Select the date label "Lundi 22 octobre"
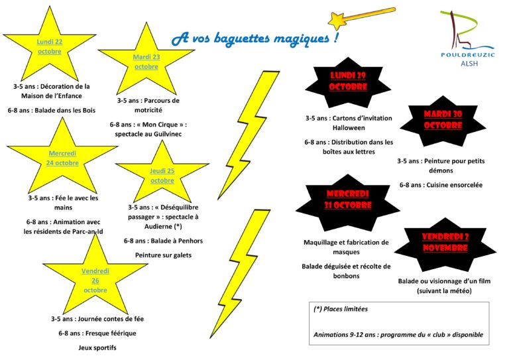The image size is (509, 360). click(50, 46)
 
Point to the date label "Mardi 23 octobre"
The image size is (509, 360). click(146, 62)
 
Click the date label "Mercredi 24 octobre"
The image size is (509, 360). click(62, 158)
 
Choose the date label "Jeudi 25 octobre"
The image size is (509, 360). click(162, 176)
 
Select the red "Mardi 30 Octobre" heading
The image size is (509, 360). click(443, 119)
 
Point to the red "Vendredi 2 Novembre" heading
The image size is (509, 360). click(445, 242)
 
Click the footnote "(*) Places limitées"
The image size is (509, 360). click(341, 309)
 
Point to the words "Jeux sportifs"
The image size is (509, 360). click(97, 347)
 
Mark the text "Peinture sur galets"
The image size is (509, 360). click(163, 255)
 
